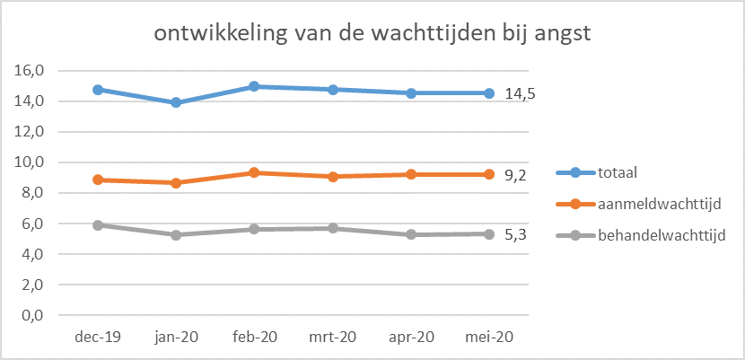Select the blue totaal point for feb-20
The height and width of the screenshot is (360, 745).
[255, 86]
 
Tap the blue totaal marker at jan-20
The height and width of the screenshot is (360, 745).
[177, 102]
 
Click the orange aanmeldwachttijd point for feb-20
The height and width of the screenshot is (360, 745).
[255, 172]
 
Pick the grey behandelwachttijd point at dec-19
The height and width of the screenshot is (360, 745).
[98, 225]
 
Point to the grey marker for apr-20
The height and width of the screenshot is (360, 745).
[411, 234]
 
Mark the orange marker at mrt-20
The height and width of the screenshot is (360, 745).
[333, 176]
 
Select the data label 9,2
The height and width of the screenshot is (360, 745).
[515, 175]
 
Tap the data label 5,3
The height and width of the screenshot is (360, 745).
[515, 234]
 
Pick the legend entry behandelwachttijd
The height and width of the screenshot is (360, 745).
[662, 235]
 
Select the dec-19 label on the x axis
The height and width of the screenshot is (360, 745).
[98, 338]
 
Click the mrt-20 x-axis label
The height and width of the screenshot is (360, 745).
[333, 338]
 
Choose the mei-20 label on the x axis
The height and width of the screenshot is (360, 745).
[489, 338]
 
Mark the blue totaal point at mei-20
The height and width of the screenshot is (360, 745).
[489, 93]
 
